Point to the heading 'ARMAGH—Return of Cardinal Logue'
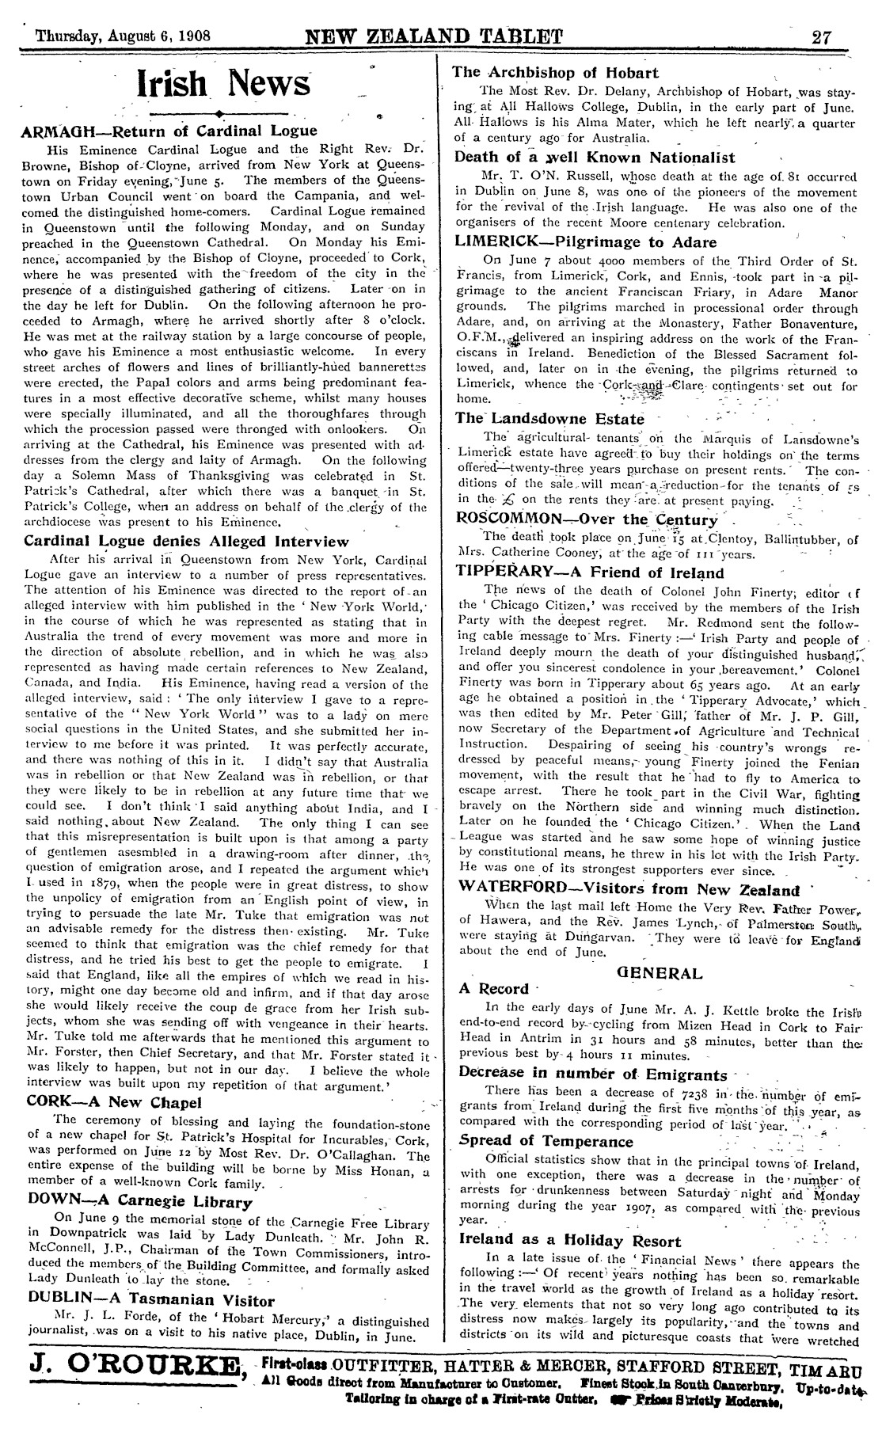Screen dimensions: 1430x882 170,131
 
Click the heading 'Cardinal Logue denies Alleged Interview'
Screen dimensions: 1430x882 186,542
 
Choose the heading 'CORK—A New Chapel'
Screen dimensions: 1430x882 114,1101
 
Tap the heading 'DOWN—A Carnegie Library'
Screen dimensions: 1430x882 139,1203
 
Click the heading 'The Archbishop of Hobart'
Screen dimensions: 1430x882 555,72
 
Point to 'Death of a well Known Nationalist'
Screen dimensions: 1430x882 595,158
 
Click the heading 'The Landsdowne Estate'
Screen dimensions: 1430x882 549,418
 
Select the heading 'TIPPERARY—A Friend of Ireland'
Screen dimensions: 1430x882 590,572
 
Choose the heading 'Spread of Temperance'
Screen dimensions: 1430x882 546,1141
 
